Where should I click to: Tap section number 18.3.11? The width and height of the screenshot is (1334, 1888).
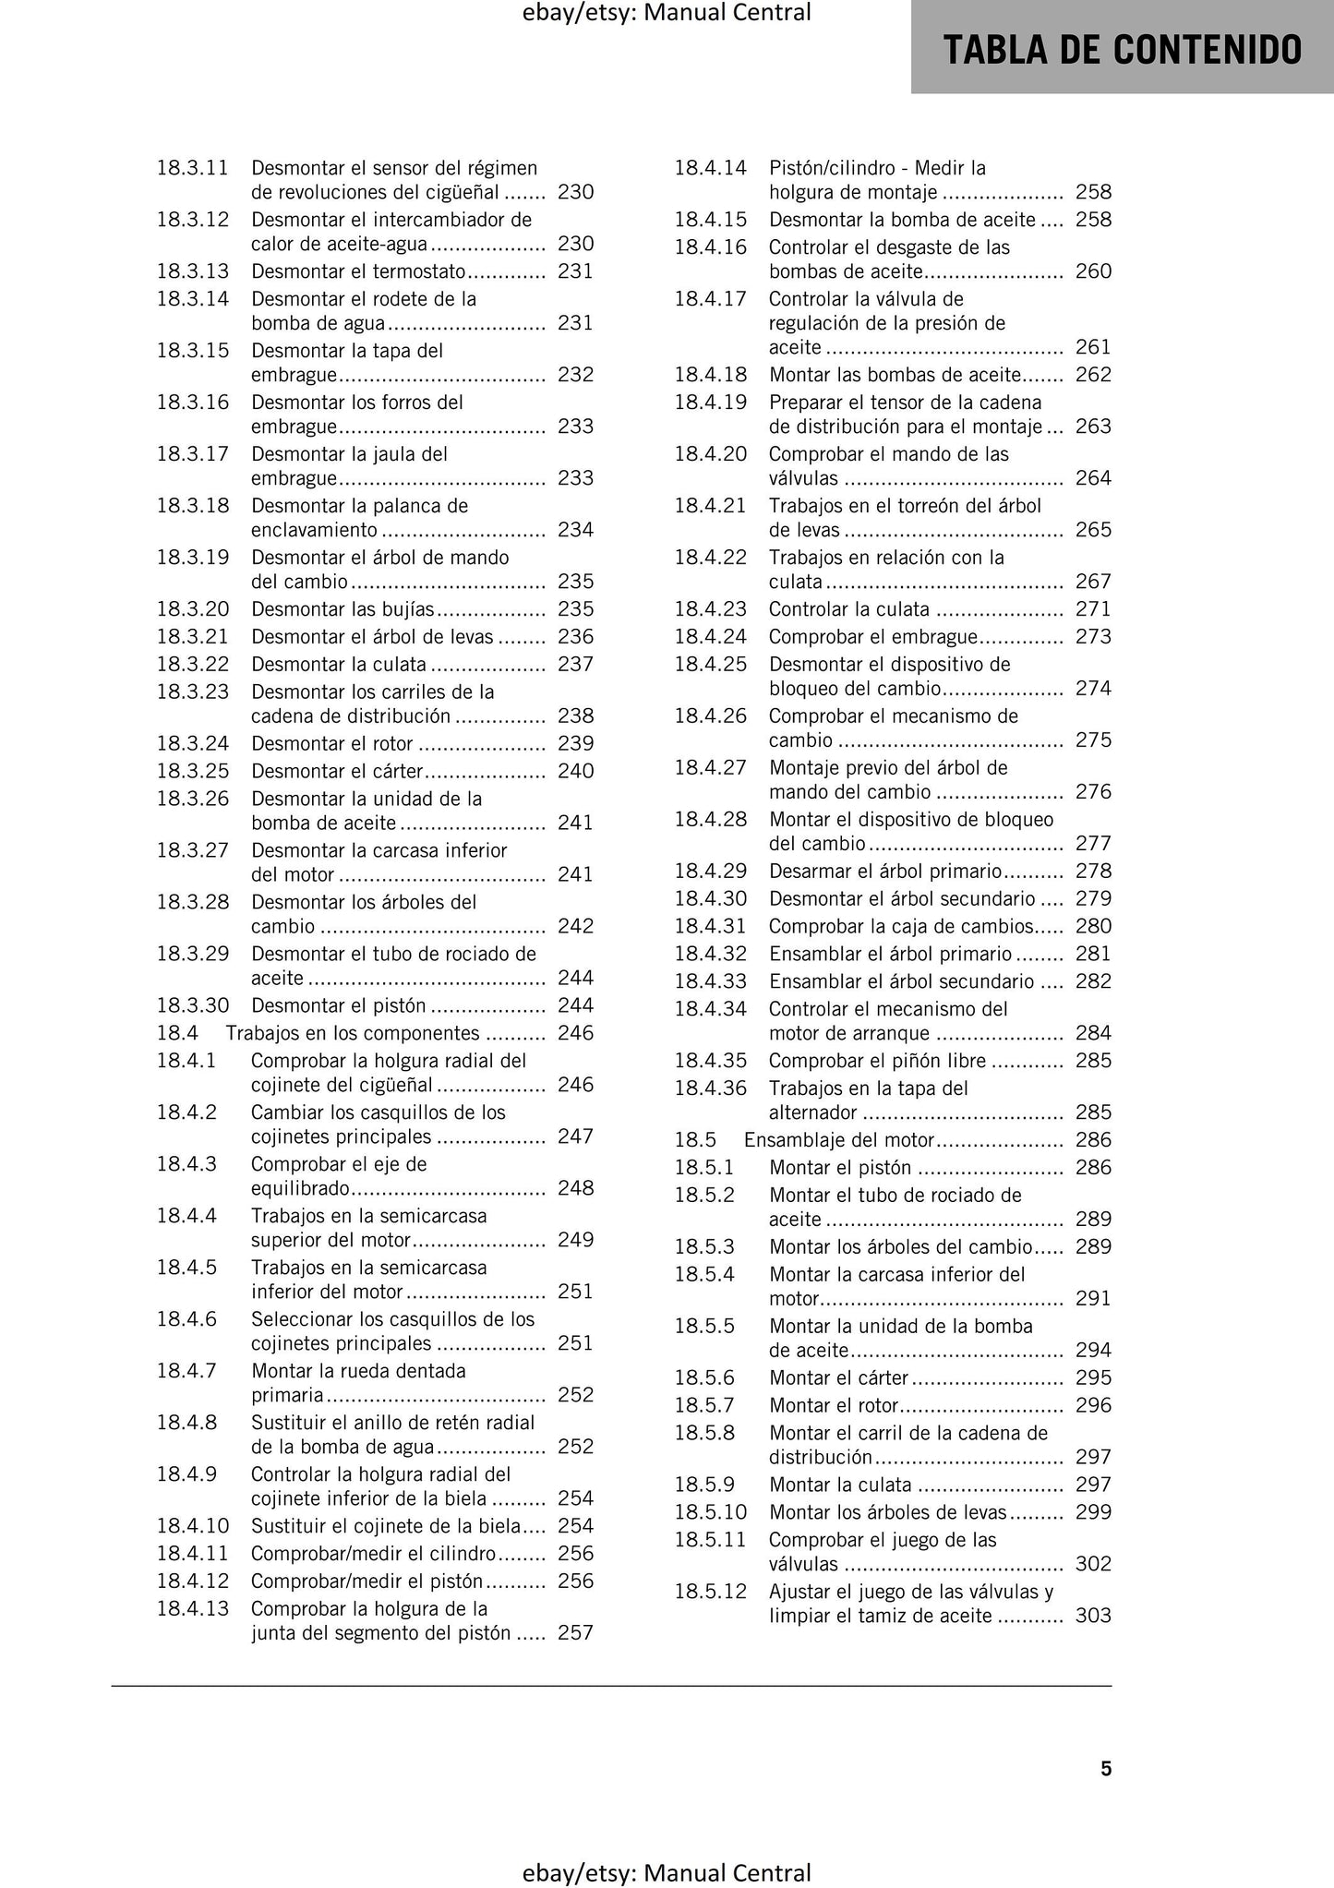(192, 168)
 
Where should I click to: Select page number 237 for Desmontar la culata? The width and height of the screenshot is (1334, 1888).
(575, 665)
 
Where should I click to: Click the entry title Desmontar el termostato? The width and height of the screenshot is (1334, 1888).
(358, 271)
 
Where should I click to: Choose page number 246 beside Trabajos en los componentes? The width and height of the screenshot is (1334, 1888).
(575, 1033)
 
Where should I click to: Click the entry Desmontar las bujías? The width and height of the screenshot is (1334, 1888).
(343, 609)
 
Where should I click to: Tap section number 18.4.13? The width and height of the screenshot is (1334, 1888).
(192, 1608)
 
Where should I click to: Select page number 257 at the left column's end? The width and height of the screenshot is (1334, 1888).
(575, 1632)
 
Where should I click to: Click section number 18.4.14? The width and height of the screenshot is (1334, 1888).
(710, 168)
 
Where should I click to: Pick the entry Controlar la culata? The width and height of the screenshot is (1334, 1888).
(848, 609)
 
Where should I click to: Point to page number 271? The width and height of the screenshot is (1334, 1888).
(1093, 609)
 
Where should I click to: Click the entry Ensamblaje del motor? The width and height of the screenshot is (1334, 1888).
(839, 1140)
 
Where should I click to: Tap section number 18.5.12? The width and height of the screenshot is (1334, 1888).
(710, 1592)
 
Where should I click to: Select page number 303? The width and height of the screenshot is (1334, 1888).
(1093, 1616)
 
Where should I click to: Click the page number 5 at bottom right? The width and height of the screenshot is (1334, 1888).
(1106, 1768)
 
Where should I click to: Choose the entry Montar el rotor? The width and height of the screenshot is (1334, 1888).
(834, 1405)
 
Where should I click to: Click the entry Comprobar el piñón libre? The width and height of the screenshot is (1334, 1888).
(877, 1061)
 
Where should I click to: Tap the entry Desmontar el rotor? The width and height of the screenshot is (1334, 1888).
(332, 744)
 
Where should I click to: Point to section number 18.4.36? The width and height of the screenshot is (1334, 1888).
(710, 1088)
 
